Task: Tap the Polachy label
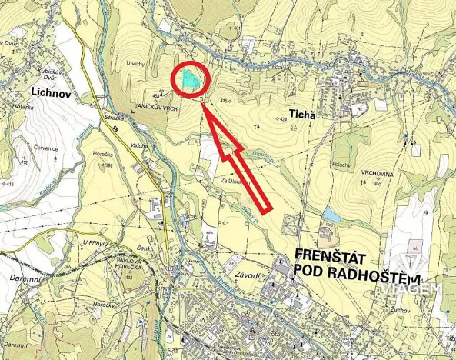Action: point(341,154)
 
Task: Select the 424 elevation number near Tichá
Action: point(283,120)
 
